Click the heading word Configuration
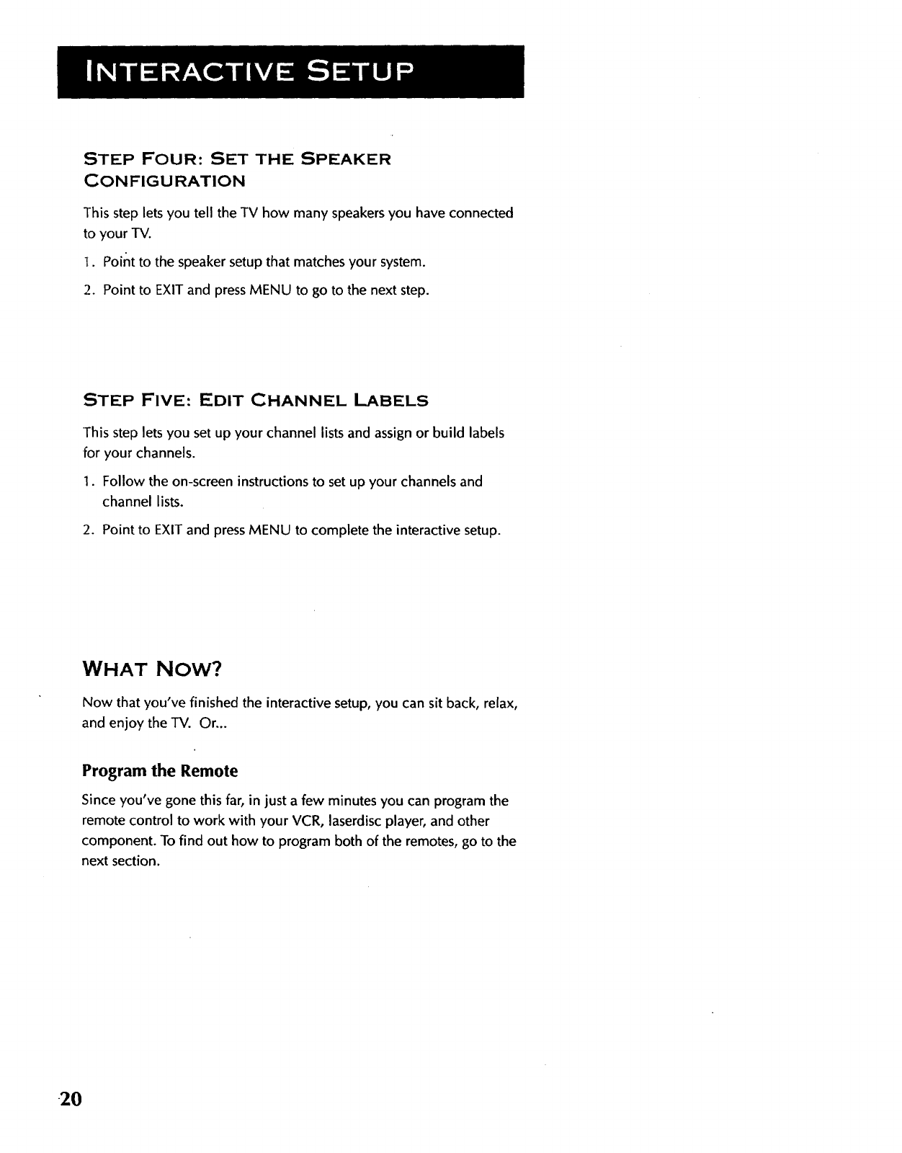[x=165, y=180]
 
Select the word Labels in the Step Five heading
[x=393, y=400]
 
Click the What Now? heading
[x=152, y=669]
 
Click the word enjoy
[x=126, y=724]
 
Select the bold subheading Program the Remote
[x=160, y=771]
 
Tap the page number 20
[x=72, y=1100]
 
